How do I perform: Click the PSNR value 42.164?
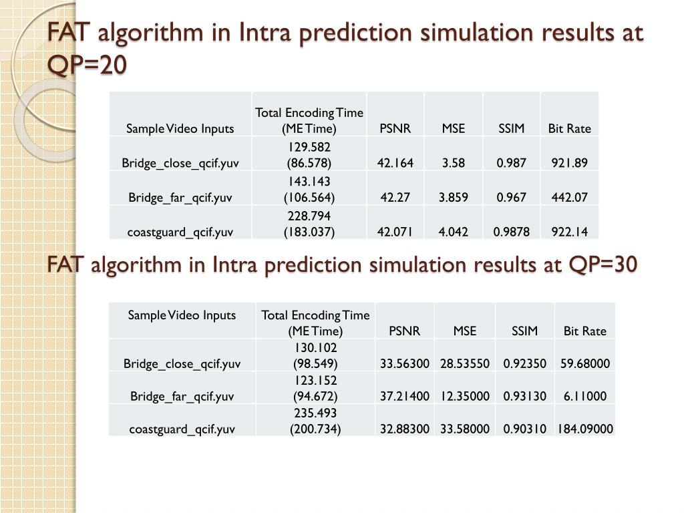pos(395,163)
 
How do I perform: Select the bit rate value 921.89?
pos(569,163)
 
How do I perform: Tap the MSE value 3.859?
pos(454,197)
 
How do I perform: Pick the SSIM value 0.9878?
pos(511,232)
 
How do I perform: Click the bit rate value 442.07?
pos(569,197)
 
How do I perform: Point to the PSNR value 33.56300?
pos(404,363)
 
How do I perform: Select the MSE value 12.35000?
pos(465,396)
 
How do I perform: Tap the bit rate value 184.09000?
pos(585,429)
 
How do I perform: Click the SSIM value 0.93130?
pos(524,396)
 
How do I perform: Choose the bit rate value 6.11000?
pos(585,396)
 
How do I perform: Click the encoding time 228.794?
pos(309,216)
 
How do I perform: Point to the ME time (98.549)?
pos(315,363)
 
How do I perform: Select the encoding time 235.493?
pos(315,413)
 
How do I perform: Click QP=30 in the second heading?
pos(603,265)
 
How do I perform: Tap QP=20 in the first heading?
pos(87,65)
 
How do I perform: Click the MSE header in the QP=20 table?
pos(454,128)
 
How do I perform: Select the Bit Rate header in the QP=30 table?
pos(585,331)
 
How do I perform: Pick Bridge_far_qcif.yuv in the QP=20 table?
pos(180,198)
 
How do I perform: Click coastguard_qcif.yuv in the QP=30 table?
pos(182,430)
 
